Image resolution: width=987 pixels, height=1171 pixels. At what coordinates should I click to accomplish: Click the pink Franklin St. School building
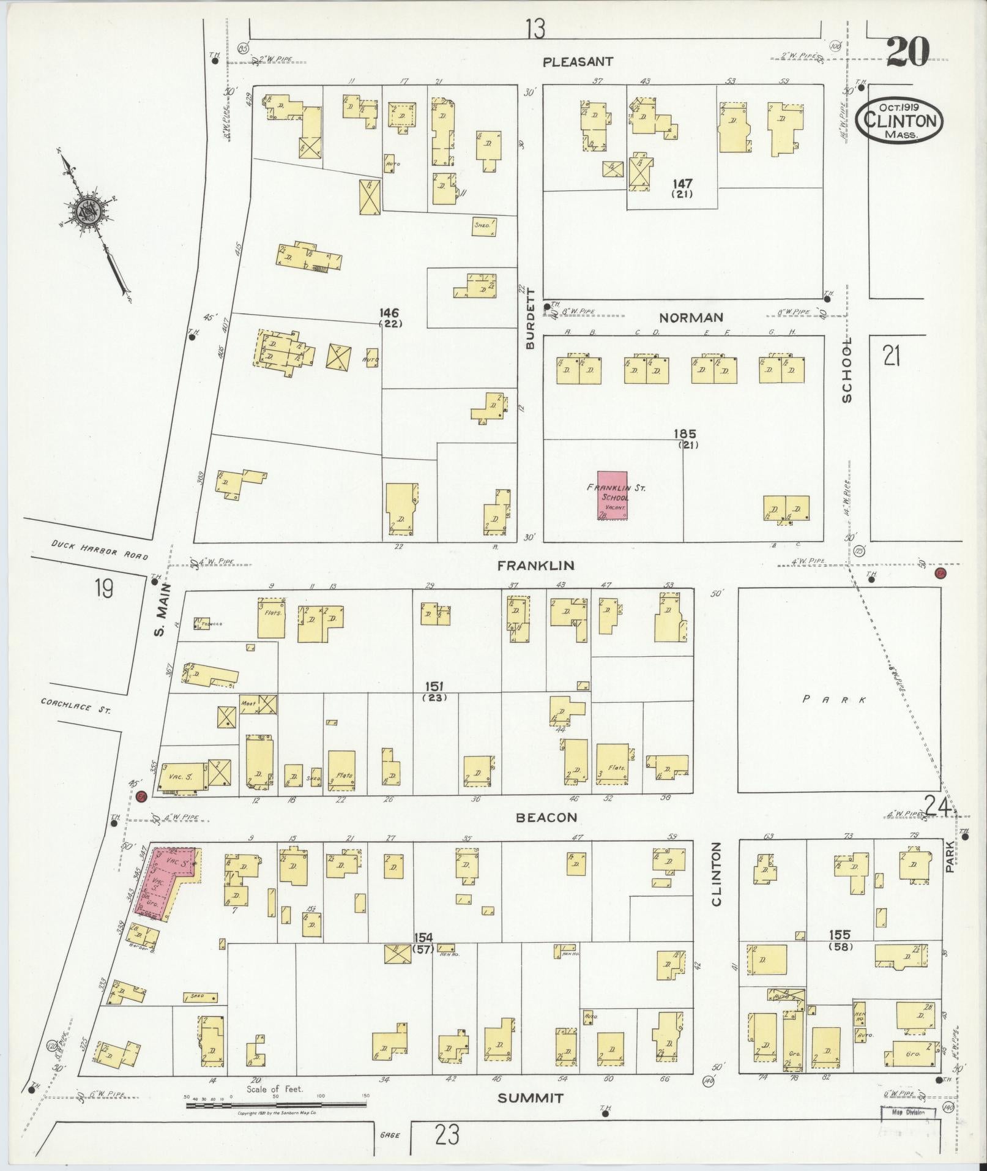(613, 496)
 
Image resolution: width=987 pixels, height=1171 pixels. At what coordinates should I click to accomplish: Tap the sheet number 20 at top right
(907, 51)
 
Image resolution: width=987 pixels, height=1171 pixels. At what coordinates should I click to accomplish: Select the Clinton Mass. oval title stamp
(899, 120)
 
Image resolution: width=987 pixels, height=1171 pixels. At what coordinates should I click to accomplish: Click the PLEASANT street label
(578, 61)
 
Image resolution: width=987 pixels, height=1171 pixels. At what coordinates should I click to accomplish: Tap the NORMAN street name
(691, 317)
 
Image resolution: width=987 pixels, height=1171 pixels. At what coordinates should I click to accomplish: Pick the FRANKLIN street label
(535, 566)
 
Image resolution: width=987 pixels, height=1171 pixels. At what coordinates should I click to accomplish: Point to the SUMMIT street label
(530, 1098)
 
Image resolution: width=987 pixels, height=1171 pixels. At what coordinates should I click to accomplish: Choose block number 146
(389, 313)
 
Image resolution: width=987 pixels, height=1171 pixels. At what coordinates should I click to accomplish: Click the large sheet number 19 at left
(104, 589)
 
